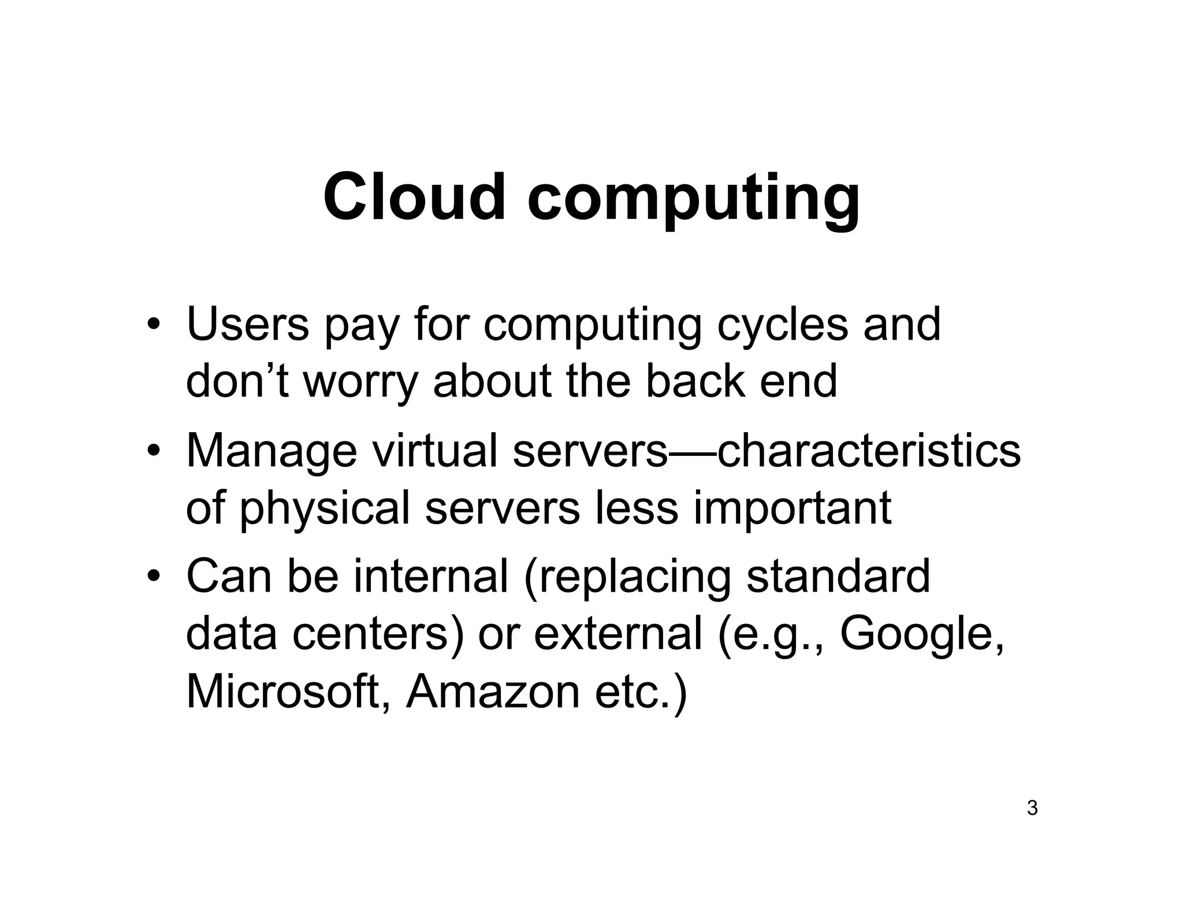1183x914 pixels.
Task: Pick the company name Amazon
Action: [493, 692]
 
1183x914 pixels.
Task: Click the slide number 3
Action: [1032, 808]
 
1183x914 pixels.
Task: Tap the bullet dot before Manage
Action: [152, 452]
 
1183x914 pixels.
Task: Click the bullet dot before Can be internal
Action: [152, 577]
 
